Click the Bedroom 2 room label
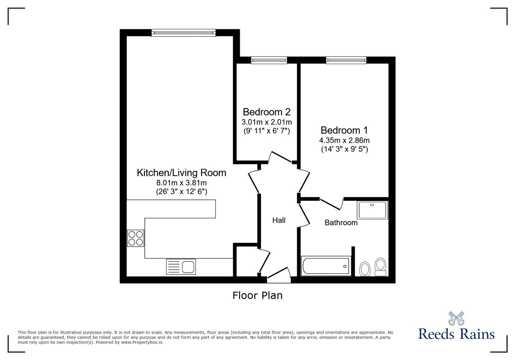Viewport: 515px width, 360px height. [267, 112]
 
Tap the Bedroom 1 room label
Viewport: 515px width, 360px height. [344, 130]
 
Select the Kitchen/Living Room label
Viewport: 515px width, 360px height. [182, 173]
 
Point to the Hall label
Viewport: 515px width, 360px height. [279, 220]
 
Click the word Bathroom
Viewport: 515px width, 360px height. [341, 223]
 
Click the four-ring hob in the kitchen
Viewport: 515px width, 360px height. [136, 238]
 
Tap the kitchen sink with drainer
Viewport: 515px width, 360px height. [181, 267]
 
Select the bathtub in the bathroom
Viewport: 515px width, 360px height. [326, 266]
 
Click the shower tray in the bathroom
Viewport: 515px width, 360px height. [372, 210]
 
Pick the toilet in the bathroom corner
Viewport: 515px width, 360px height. [380, 267]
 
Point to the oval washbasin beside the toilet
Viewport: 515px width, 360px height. [365, 269]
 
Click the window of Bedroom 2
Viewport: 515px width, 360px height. [269, 60]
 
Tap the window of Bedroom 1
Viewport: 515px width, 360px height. [346, 60]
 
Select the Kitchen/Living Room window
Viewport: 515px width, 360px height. [183, 33]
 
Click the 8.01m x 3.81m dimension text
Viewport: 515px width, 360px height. [182, 183]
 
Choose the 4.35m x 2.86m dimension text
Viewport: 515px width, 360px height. [344, 140]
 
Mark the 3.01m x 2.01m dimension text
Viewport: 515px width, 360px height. [267, 122]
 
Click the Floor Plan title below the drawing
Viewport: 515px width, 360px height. [257, 295]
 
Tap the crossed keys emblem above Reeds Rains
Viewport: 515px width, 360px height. [456, 318]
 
